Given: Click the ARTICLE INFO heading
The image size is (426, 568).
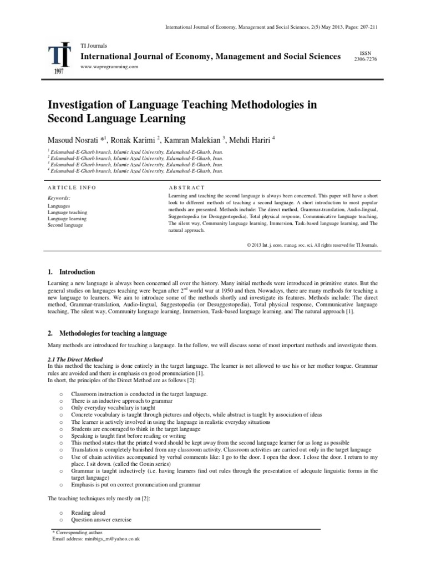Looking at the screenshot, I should [72, 187].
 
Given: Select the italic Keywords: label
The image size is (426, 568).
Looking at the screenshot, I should [59, 197].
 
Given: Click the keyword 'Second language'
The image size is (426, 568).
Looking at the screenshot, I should [65, 225].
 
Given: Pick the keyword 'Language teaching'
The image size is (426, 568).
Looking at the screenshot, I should [67, 212].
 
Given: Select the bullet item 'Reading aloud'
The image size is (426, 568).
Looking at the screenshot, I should [88, 513].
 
